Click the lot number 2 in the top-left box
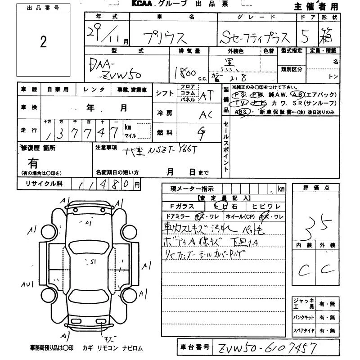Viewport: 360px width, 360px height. tap(43, 42)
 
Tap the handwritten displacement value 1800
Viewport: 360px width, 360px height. tap(184, 72)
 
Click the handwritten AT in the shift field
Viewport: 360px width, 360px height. tap(206, 95)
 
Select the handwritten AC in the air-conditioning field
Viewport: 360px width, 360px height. tap(206, 115)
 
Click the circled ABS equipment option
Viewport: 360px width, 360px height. tap(242, 112)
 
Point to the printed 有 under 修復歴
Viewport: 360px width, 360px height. tap(33, 162)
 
